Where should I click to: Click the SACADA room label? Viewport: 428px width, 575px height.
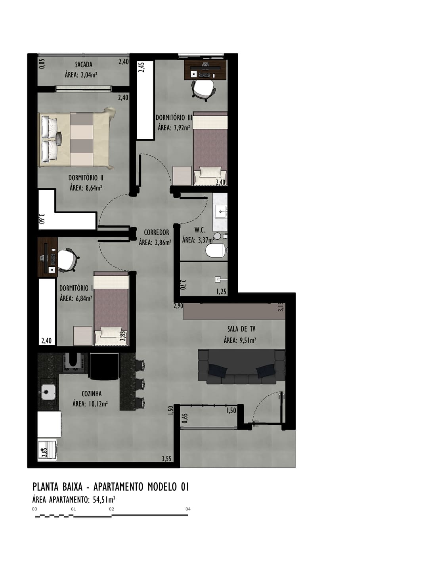84,64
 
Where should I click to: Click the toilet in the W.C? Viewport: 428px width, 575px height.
216,250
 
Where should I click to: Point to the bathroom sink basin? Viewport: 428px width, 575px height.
221,212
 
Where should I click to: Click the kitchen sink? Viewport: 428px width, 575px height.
48,392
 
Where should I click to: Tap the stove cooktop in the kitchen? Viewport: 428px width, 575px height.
74,363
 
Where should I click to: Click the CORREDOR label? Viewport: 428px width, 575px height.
156,232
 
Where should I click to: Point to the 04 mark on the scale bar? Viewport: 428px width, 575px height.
188,509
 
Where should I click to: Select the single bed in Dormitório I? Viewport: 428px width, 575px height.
111,308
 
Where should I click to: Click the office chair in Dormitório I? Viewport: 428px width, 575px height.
68,260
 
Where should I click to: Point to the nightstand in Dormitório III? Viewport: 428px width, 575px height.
182,176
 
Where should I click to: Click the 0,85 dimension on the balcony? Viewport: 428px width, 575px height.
42,63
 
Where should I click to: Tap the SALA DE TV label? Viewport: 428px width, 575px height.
241,329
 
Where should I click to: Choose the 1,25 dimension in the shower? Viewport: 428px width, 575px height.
221,292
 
